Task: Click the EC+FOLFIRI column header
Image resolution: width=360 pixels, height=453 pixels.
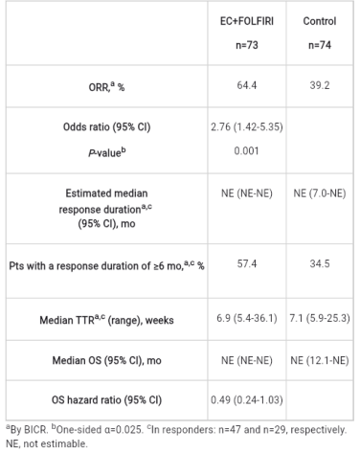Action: click(247, 21)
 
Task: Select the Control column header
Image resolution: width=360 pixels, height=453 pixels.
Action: click(320, 21)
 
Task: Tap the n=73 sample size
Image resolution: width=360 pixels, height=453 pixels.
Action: click(247, 45)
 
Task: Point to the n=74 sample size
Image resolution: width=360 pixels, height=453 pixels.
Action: click(320, 45)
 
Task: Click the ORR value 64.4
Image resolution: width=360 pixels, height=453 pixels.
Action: click(247, 85)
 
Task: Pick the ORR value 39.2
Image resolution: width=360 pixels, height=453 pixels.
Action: click(320, 85)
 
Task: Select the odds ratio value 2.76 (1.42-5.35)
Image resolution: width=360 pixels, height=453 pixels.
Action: click(247, 126)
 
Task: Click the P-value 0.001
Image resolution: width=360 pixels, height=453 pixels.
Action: click(246, 150)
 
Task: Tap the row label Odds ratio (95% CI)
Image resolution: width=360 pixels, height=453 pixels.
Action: click(106, 126)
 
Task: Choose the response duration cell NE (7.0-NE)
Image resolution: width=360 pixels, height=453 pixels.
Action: click(320, 193)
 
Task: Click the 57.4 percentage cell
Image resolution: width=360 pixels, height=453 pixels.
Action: click(247, 263)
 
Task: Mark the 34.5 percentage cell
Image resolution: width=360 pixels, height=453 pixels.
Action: click(320, 263)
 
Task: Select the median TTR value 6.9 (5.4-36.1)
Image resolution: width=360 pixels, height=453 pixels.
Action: click(247, 318)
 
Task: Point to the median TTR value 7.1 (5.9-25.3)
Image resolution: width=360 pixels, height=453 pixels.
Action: click(320, 318)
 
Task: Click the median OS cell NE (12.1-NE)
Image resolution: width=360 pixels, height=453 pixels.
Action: click(320, 360)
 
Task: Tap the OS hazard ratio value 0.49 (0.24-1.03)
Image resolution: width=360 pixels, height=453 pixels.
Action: click(247, 399)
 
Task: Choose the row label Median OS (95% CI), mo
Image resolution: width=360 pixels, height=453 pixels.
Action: click(106, 360)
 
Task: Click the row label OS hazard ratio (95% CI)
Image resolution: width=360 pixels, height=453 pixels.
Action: click(106, 399)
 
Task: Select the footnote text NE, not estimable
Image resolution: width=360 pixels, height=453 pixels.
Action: click(47, 443)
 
